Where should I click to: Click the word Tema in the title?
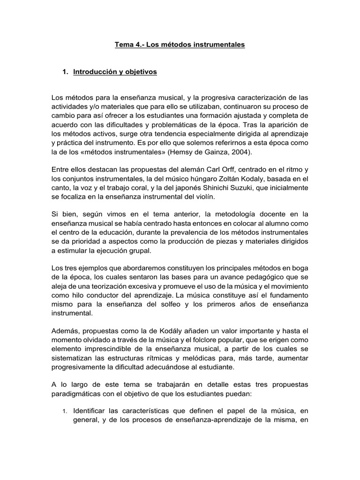[124, 45]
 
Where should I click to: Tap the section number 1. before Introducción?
[66, 72]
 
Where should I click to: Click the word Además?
[65, 330]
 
